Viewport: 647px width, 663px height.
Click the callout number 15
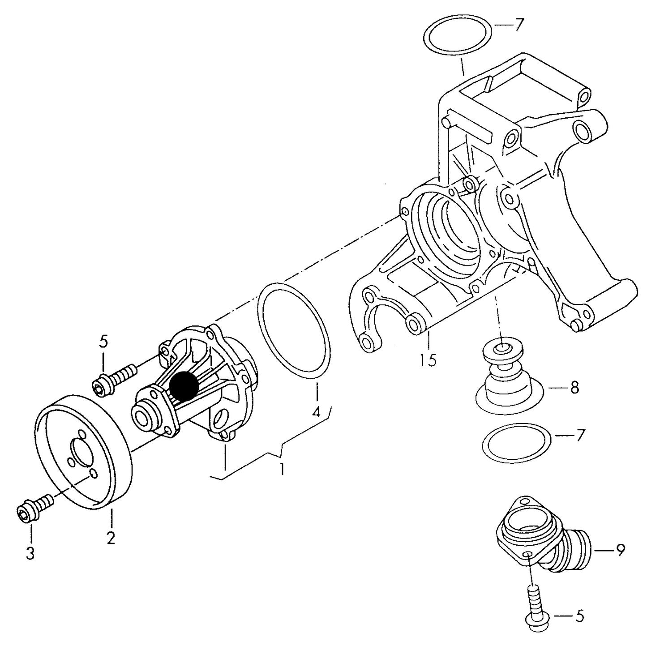coord(428,360)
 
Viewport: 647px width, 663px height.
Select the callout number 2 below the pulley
coord(111,537)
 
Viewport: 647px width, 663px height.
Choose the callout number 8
coord(574,388)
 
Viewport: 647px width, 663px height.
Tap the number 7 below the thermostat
coord(580,435)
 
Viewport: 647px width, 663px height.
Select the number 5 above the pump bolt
coord(103,342)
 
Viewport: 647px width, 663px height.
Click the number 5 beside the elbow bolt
coord(579,616)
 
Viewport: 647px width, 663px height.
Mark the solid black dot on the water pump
coord(184,386)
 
